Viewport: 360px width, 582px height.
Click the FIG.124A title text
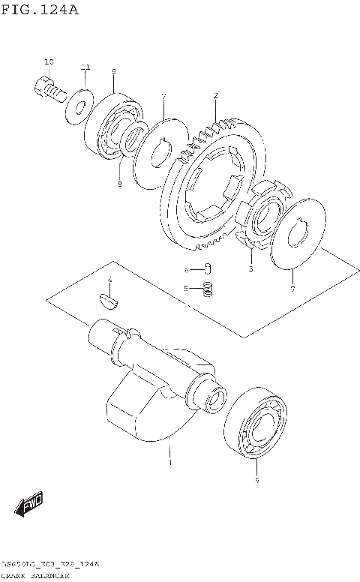tap(40, 10)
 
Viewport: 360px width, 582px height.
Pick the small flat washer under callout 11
tap(78, 103)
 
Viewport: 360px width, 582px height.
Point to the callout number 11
tap(85, 67)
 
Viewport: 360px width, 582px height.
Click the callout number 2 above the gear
tap(215, 95)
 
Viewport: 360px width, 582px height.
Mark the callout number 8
tap(118, 183)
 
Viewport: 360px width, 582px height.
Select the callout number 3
tap(250, 268)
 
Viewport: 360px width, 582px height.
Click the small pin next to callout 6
tap(209, 269)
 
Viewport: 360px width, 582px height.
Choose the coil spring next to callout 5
tap(209, 288)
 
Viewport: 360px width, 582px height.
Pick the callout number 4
tap(109, 280)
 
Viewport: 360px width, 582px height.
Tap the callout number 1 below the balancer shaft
tap(169, 463)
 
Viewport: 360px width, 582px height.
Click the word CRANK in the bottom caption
tap(15, 575)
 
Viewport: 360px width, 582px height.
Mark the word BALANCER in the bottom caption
tap(52, 575)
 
